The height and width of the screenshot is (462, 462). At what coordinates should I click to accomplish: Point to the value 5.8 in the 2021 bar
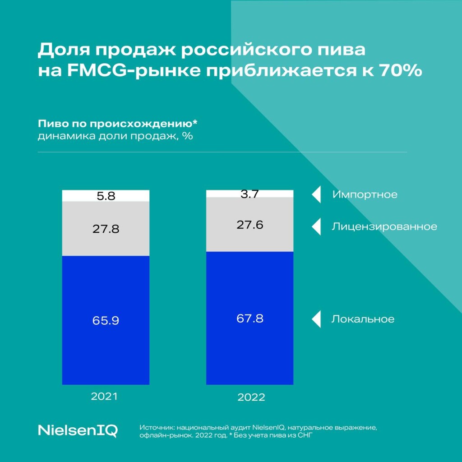click(x=106, y=196)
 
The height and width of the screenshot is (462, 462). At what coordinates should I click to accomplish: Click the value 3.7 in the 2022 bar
click(x=249, y=194)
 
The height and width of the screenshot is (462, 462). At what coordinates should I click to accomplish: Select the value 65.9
click(x=106, y=321)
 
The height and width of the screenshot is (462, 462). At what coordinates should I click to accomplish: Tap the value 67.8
click(x=249, y=319)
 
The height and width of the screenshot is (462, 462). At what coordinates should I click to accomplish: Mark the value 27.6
click(x=249, y=225)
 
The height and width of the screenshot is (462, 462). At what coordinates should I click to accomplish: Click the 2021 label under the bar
click(x=104, y=397)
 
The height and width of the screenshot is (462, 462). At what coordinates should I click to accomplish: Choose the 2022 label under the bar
click(x=251, y=398)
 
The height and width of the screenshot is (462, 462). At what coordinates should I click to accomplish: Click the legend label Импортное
click(x=365, y=195)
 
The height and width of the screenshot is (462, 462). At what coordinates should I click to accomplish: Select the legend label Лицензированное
click(x=384, y=226)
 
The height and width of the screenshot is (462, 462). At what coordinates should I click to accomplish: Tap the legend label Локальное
click(x=363, y=319)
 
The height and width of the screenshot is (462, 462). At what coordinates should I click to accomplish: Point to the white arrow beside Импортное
click(x=316, y=195)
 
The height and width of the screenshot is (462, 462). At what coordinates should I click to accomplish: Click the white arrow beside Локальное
click(x=316, y=319)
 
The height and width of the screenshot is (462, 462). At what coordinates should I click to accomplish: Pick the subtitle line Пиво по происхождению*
click(x=118, y=124)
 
